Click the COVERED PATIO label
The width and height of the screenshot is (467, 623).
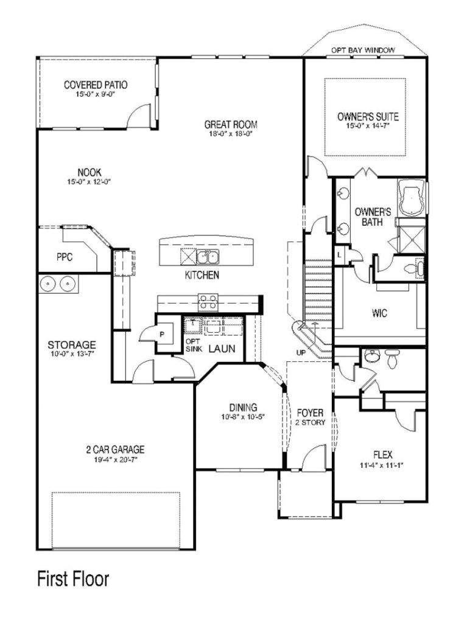[96, 85]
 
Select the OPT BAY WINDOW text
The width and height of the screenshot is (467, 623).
[363, 50]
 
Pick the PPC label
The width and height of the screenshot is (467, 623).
[65, 257]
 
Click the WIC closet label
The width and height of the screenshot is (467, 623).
[380, 314]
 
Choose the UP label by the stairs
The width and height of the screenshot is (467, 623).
[301, 353]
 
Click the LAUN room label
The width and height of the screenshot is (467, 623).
[222, 349]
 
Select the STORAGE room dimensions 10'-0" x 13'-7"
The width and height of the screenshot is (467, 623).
[72, 353]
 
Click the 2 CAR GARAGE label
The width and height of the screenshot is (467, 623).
[115, 450]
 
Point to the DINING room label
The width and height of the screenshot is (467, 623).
[243, 407]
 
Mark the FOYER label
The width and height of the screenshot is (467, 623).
[309, 412]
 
